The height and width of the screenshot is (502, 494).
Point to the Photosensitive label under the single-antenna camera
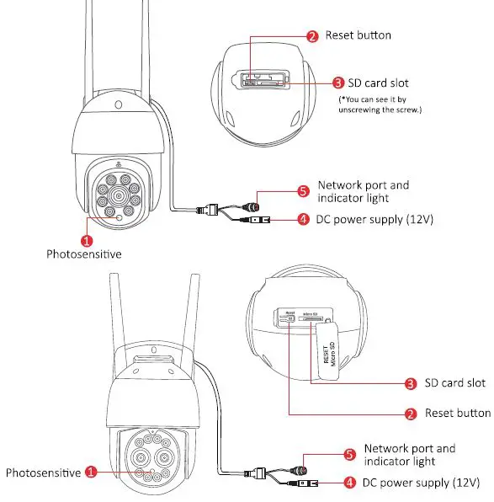tap(83, 254)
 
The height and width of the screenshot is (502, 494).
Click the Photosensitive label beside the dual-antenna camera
tap(43, 473)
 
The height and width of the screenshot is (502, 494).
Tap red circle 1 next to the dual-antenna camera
tap(92, 473)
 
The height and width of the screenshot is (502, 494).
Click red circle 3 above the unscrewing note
tap(337, 83)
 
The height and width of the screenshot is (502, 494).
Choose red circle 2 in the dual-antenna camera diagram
tap(411, 414)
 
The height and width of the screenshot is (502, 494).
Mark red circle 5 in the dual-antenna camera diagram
tap(350, 455)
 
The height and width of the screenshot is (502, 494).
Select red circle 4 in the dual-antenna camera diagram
tap(348, 483)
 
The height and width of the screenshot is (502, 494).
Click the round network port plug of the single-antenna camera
tap(252, 205)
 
